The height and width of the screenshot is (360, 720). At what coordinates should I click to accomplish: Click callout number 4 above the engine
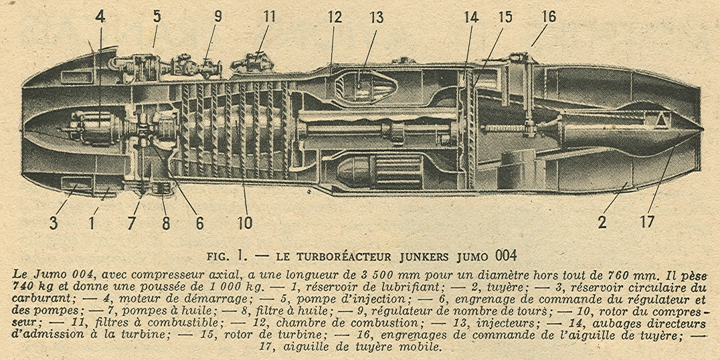pyautogui.click(x=100, y=15)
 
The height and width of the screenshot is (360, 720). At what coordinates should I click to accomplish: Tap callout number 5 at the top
pyautogui.click(x=157, y=15)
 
